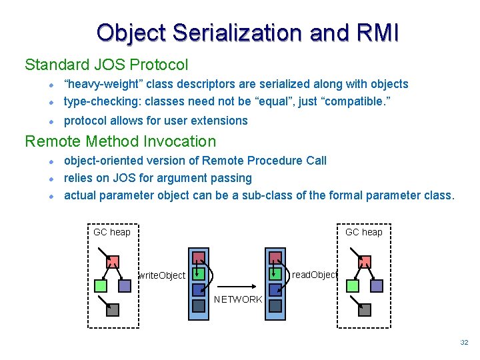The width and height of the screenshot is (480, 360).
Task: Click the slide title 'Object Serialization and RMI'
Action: pos(247,33)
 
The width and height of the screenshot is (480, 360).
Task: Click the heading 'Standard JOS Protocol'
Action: pos(106,65)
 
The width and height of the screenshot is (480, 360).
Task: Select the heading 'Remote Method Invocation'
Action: pos(120,141)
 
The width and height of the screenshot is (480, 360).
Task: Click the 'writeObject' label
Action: pos(161,275)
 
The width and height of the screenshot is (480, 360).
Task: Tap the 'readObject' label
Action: pos(315,275)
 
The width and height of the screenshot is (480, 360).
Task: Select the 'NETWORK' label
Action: pos(238,299)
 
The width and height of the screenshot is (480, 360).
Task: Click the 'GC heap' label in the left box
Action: pos(112,232)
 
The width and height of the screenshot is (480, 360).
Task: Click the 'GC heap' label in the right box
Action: pos(363,232)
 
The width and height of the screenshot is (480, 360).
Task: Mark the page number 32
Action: pos(464,343)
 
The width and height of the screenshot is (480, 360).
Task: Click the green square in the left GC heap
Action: pos(100,286)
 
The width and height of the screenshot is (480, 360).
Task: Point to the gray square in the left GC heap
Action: pos(113,309)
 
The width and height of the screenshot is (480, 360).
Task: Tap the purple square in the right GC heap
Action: pos(376,286)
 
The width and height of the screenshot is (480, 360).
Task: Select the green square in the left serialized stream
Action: pos(199,274)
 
